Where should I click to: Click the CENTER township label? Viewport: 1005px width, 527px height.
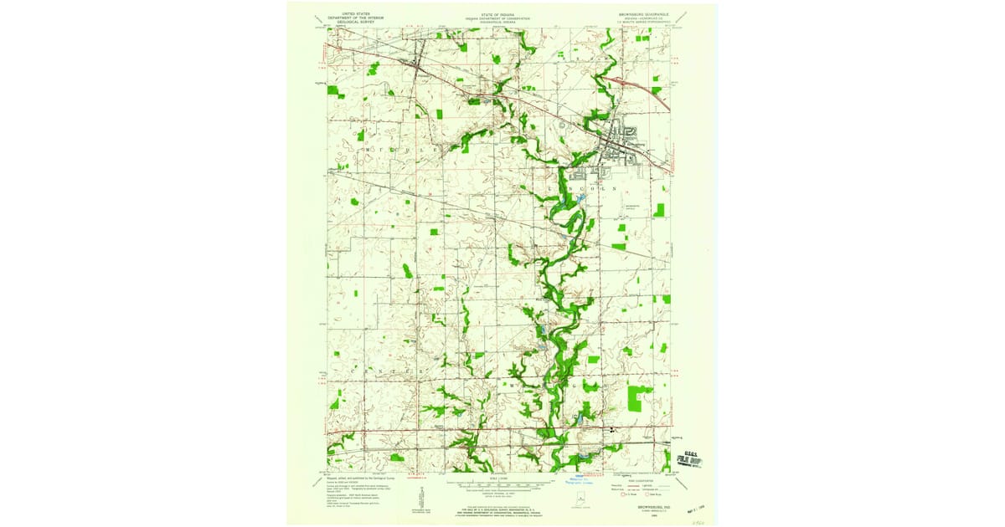[402, 366]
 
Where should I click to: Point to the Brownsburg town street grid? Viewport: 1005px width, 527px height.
[624, 144]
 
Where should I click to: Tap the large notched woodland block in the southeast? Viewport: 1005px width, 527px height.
[641, 396]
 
